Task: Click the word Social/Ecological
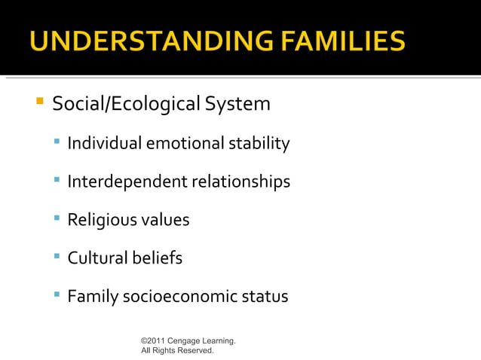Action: tap(117, 104)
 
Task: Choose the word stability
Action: tap(260, 143)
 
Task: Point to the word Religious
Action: tap(100, 221)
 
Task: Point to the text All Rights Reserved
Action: tap(177, 351)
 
